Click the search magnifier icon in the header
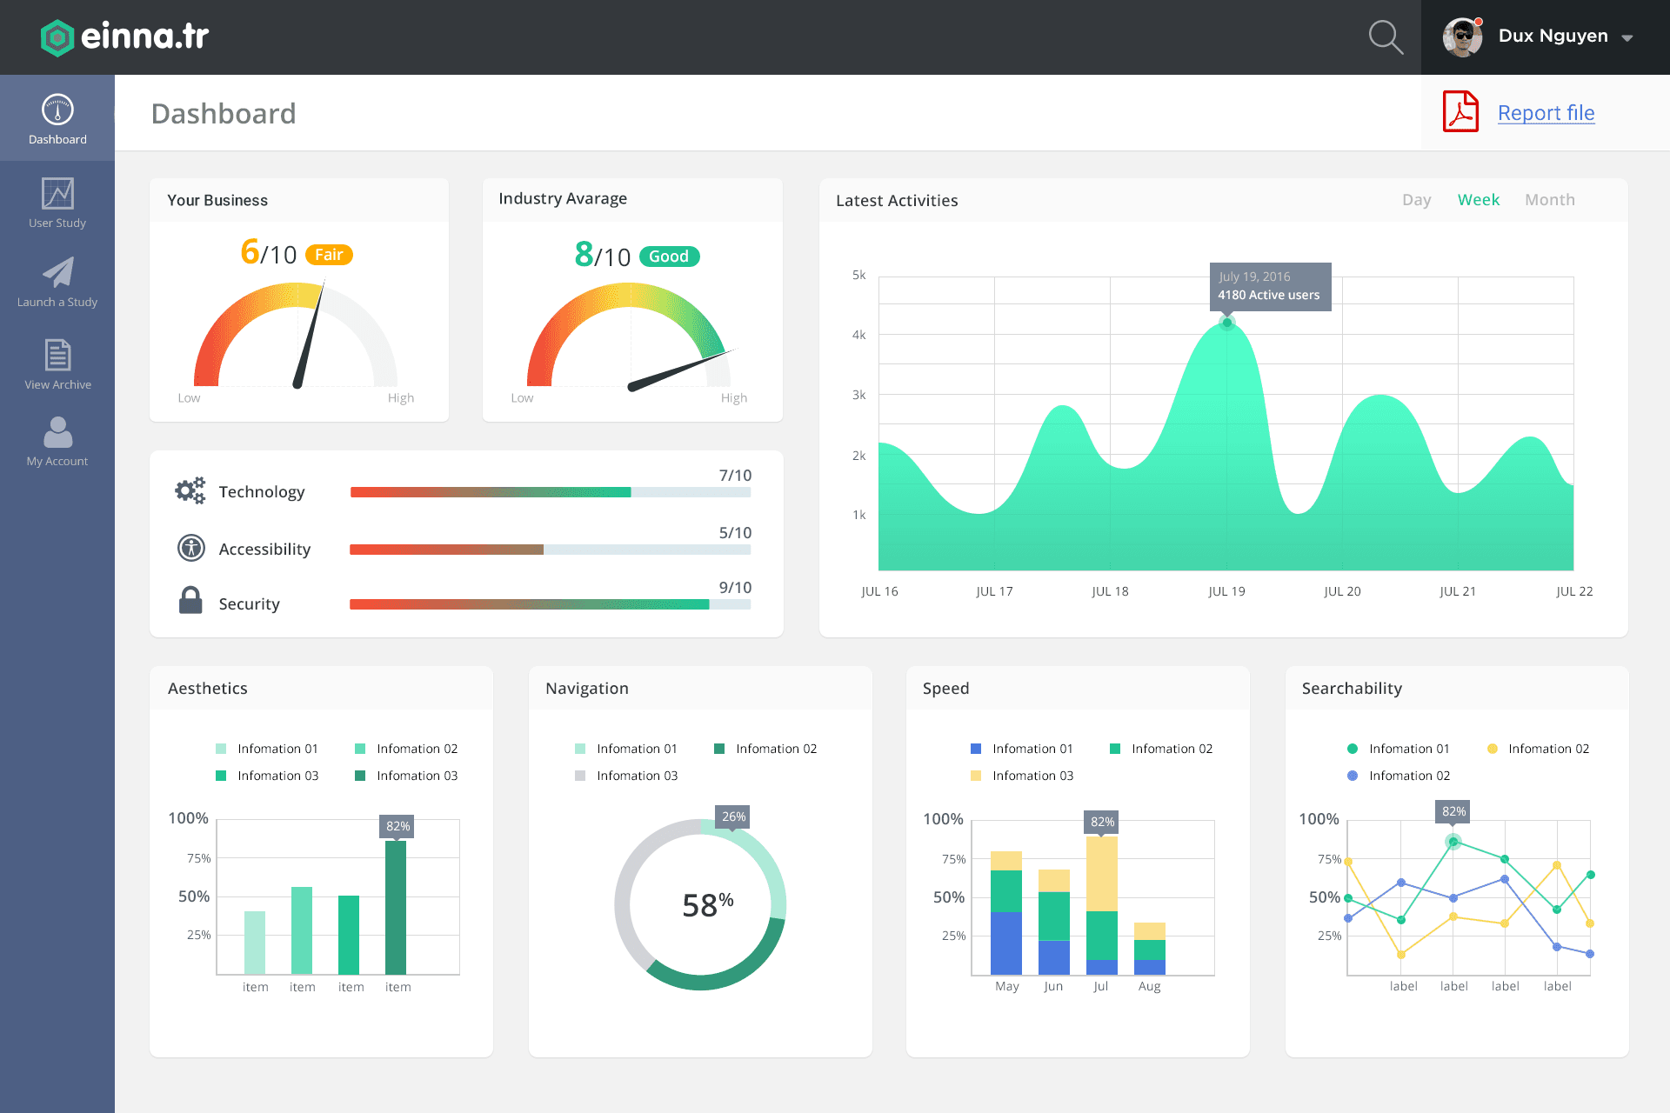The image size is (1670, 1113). [x=1385, y=37]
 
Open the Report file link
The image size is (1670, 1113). [x=1546, y=113]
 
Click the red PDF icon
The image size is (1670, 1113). [x=1460, y=111]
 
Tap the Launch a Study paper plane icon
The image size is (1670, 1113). [x=58, y=272]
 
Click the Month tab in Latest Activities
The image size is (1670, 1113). [x=1549, y=200]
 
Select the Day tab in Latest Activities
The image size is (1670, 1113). [x=1416, y=200]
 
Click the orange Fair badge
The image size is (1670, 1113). [x=329, y=255]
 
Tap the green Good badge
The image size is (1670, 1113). [x=669, y=257]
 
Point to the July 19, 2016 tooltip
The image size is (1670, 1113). [x=1269, y=286]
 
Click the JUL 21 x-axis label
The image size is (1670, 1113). [x=1458, y=591]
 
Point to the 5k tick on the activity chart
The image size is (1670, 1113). [x=858, y=276]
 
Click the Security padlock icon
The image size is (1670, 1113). [x=190, y=600]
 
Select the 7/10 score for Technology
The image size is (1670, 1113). [x=735, y=476]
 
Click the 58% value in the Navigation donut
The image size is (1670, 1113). [x=707, y=905]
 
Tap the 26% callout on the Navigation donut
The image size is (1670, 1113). [x=733, y=816]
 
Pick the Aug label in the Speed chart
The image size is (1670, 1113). [x=1149, y=986]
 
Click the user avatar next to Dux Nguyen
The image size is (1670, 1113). [x=1462, y=37]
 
